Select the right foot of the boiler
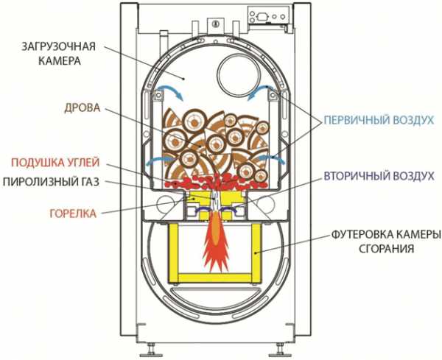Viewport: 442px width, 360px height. (x=281, y=345)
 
